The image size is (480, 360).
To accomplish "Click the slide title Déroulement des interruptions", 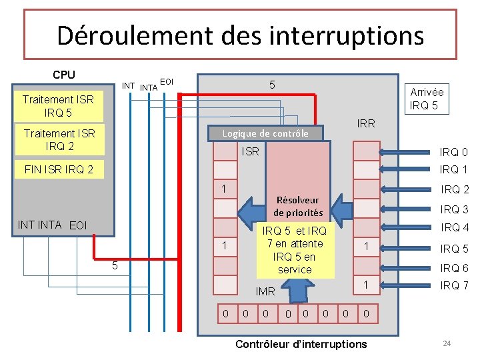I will pos(240,35).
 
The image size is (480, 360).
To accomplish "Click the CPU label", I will pos(64,75).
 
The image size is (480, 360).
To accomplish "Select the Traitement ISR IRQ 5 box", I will pos(58,106).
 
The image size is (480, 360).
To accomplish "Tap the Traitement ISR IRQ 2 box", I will pos(59,139).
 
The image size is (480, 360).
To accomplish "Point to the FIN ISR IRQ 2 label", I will pos(59,170).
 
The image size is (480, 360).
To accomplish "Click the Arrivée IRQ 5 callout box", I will pos(426,99).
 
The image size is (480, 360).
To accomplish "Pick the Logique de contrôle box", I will pos(265,133).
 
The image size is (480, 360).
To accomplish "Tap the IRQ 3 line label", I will pos(455,209).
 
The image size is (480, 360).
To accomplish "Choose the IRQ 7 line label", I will pos(455,285).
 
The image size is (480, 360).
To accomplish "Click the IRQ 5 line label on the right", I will pos(455,249).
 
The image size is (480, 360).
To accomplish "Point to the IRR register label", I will pos(366,123).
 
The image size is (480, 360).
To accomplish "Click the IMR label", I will pos(265,291).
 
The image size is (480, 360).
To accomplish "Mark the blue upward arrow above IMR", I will pos(298,291).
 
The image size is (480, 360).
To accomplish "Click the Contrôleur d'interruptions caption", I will pos(301,344).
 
